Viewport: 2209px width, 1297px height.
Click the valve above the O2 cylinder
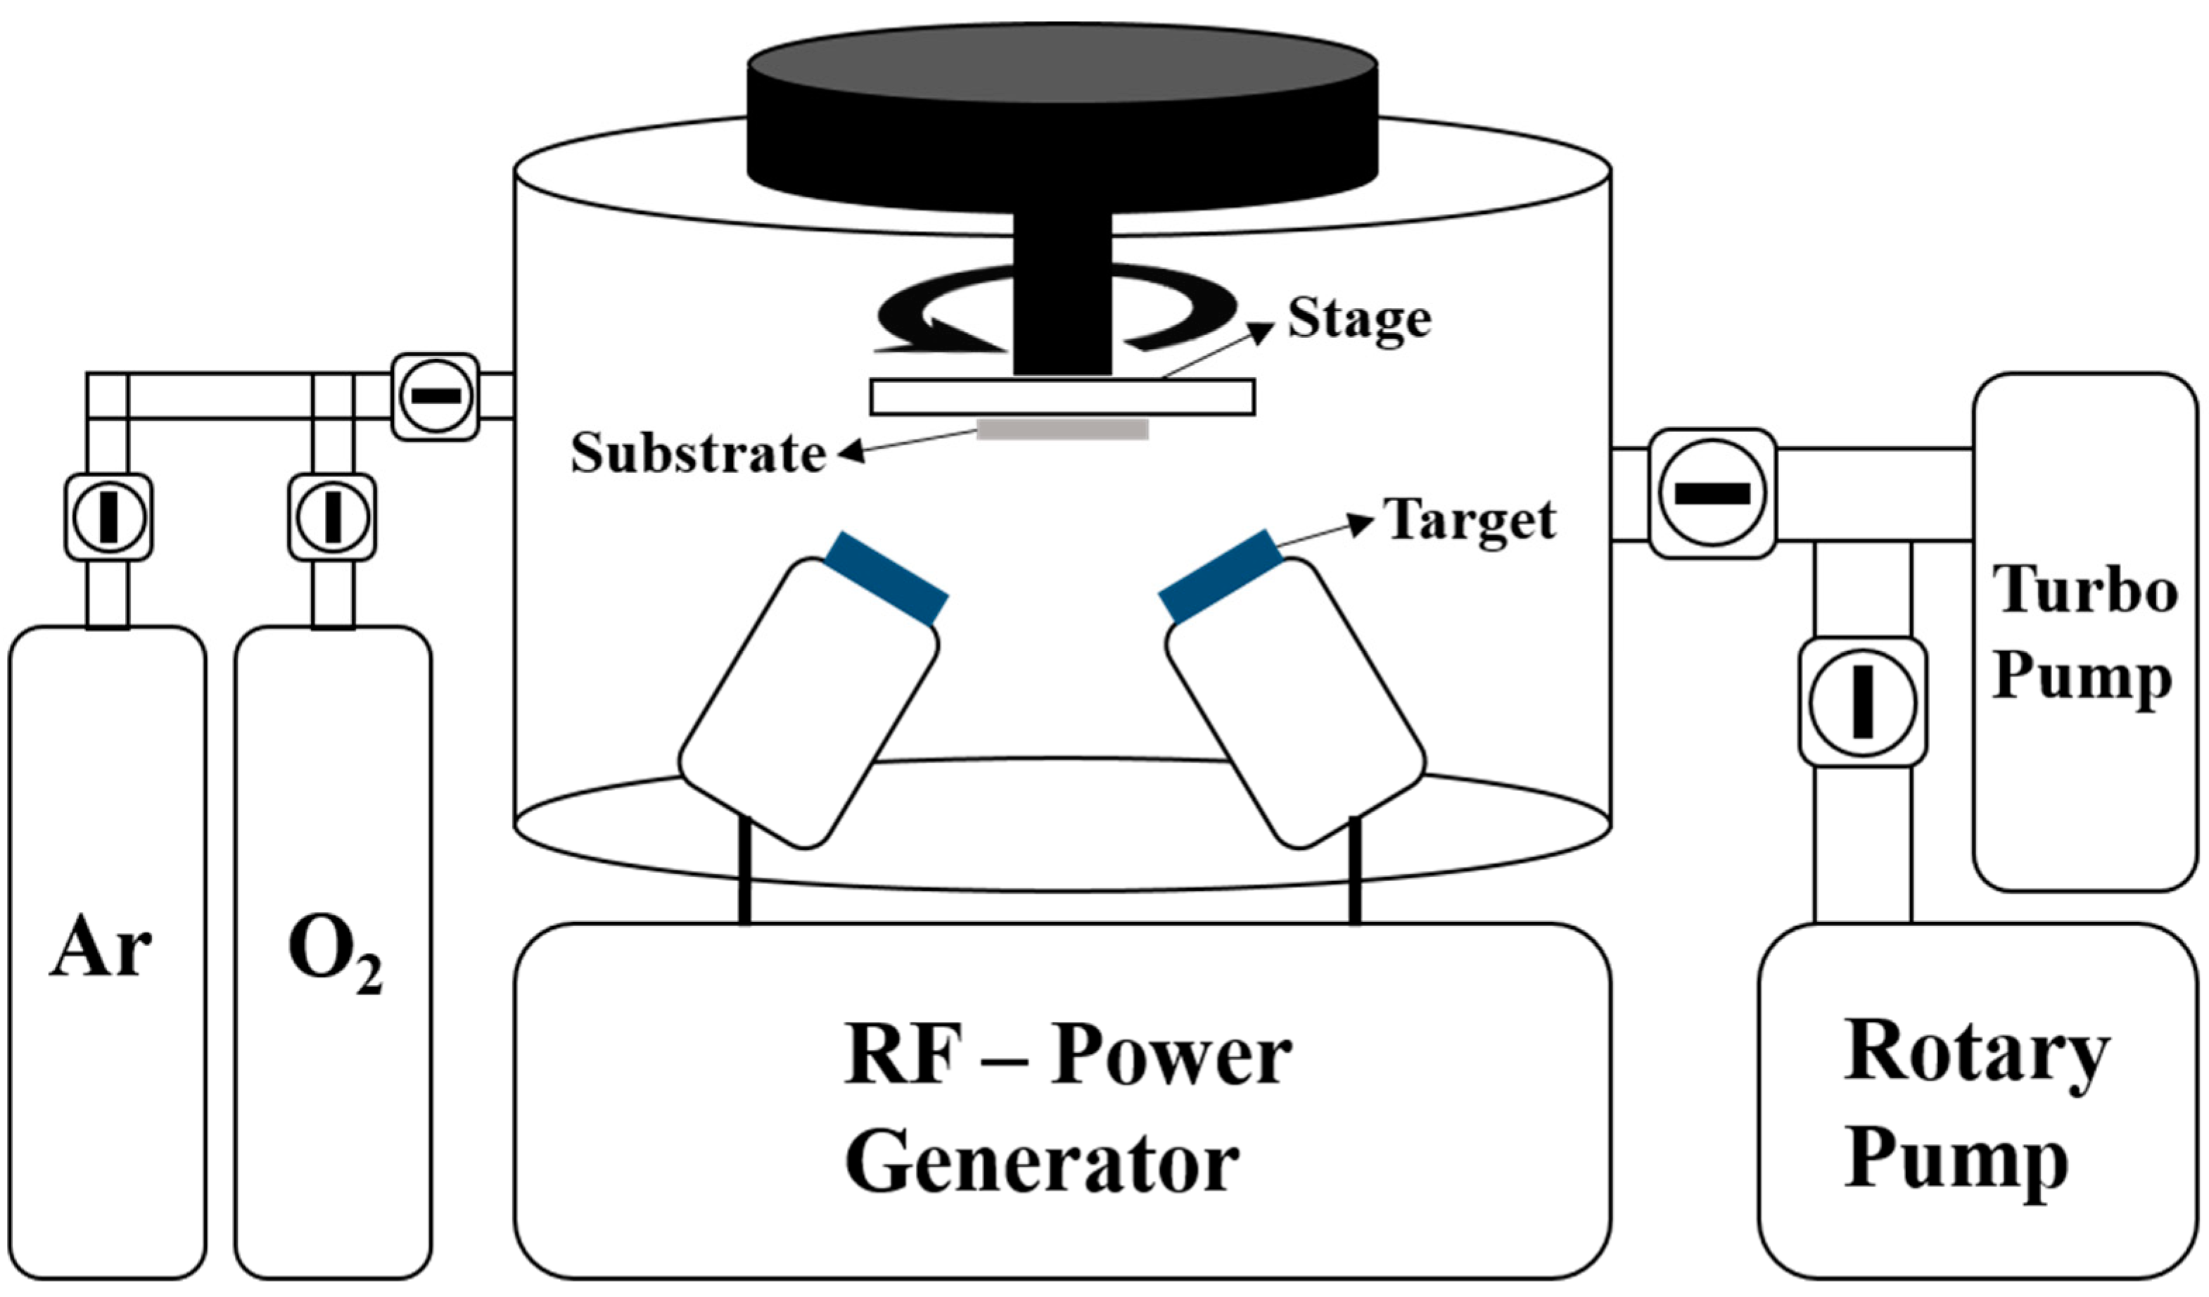click(x=332, y=517)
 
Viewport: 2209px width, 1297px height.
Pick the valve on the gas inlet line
click(x=435, y=396)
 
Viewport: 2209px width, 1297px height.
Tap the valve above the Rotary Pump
click(x=1863, y=702)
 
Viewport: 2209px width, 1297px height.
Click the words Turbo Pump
click(x=2084, y=633)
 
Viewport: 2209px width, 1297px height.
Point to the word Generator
click(x=1041, y=1163)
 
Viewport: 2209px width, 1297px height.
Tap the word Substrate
click(x=698, y=454)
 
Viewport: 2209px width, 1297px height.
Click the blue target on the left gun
click(x=887, y=578)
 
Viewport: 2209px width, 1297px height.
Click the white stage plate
click(x=1062, y=397)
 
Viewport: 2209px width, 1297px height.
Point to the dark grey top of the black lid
click(x=1062, y=63)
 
